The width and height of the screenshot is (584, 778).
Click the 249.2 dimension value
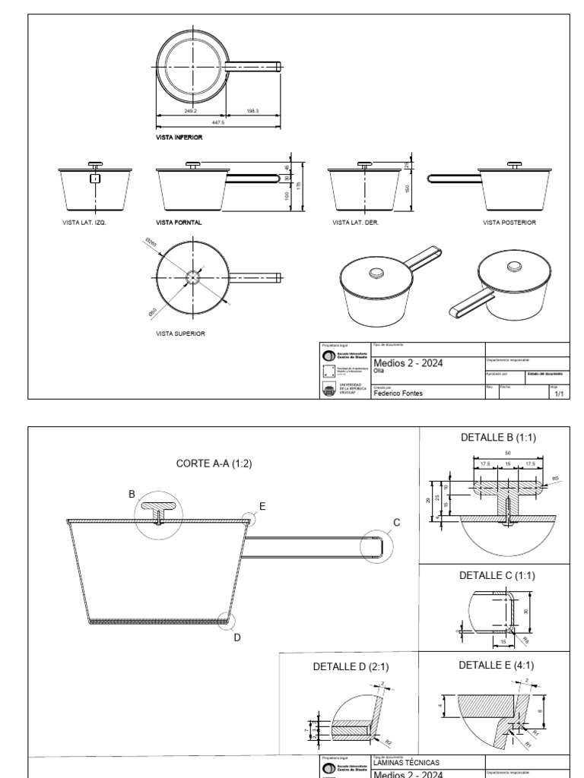tap(190, 111)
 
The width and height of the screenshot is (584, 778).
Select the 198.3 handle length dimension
tap(253, 111)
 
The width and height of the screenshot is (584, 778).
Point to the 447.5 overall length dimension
tap(219, 122)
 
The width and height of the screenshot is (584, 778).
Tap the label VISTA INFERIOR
tap(179, 139)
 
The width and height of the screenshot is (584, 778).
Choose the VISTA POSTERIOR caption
tap(509, 223)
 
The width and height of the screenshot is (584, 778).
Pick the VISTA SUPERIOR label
tap(180, 333)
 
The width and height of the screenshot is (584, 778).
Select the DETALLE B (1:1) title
tap(497, 438)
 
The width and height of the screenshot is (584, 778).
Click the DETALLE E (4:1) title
tap(497, 665)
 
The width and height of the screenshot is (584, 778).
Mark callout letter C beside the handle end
tap(395, 521)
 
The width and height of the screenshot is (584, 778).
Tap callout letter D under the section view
tap(236, 637)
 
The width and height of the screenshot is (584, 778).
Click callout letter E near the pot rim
tap(262, 505)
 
